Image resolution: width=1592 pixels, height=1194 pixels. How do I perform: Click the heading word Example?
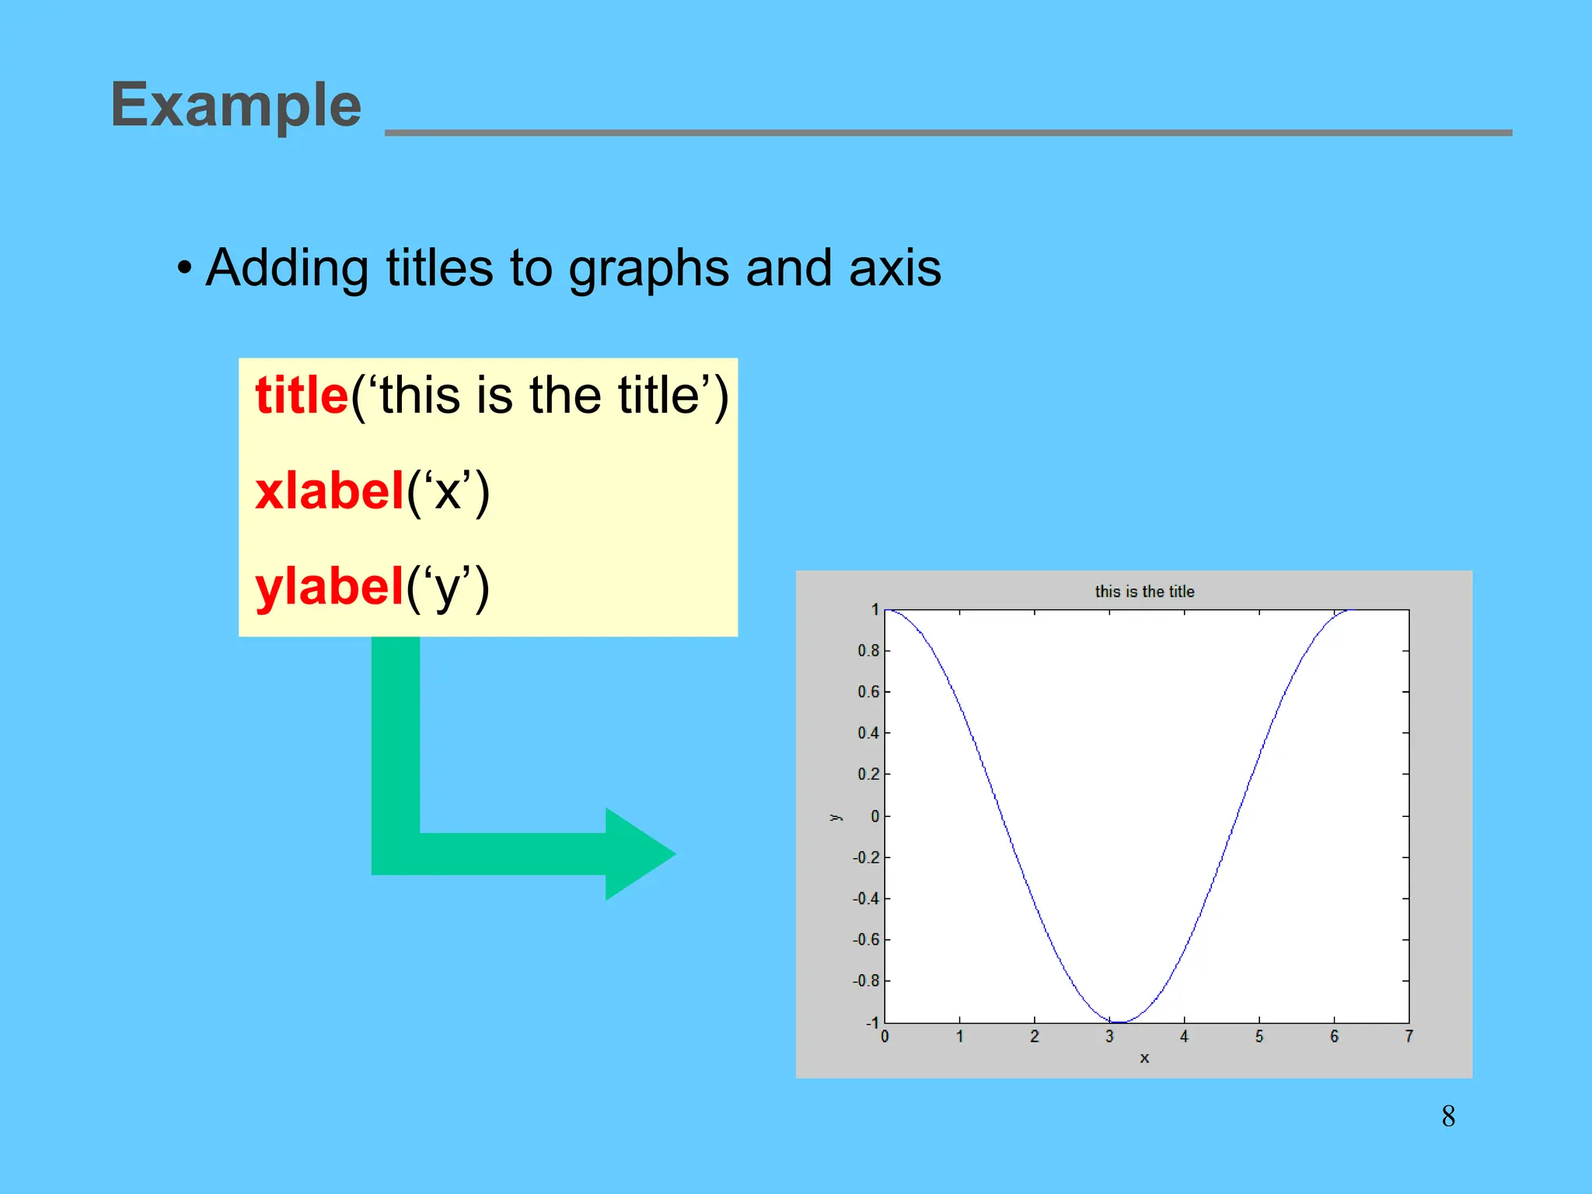click(x=236, y=105)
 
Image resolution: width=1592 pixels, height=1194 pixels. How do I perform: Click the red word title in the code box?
click(x=302, y=396)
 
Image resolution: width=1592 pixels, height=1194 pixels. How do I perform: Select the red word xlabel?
click(x=330, y=491)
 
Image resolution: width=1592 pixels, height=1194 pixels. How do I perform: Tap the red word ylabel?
click(x=330, y=587)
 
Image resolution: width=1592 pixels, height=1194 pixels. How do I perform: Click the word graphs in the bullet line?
click(x=649, y=269)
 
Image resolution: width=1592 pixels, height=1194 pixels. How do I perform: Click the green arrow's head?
click(x=637, y=854)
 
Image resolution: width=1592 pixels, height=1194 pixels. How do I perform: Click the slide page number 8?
click(x=1448, y=1117)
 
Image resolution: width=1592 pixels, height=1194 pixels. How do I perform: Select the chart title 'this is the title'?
click(x=1144, y=592)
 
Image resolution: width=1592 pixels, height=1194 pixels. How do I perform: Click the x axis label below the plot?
click(x=1144, y=1058)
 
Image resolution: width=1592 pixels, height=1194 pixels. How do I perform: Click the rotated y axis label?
click(x=835, y=817)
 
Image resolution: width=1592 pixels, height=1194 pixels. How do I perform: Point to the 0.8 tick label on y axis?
click(x=868, y=651)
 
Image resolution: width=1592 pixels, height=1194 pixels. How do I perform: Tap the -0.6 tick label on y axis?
click(x=866, y=940)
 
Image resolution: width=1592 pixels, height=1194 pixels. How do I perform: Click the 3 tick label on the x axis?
click(x=1109, y=1037)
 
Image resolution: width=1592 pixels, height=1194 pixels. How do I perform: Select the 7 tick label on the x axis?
click(x=1409, y=1037)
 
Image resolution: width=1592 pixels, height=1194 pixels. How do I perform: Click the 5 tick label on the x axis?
click(x=1259, y=1037)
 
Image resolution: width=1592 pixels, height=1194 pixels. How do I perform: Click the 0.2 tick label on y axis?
click(x=868, y=774)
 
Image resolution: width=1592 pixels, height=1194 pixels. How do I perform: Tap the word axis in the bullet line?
click(x=895, y=269)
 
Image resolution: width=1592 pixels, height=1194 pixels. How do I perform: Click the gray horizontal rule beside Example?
click(x=948, y=133)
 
